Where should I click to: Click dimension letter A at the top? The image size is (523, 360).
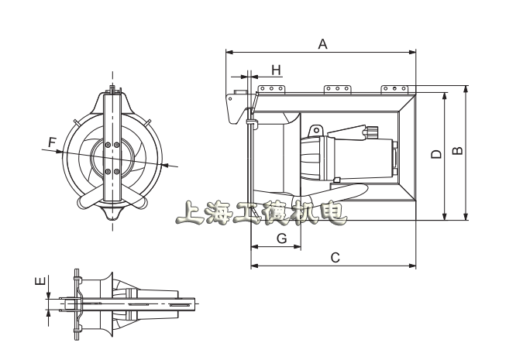coord(322,44)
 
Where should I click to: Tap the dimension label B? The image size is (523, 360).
coord(458,150)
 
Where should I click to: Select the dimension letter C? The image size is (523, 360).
coord(335,258)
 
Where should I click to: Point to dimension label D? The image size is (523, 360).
coord(436,154)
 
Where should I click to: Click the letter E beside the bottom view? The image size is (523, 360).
coord(40,281)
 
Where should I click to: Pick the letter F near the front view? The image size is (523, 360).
coord(52,142)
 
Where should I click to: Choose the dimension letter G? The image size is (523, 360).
coord(282,238)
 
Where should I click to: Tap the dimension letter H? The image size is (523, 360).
coord(276,70)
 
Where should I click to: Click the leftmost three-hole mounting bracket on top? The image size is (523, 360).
coord(271,89)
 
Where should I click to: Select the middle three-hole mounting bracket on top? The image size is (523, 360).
coord(337,89)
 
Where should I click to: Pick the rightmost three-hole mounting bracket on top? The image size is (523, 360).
coord(394,89)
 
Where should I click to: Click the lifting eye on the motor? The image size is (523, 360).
coord(316,130)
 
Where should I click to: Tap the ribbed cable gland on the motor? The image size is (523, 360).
coord(372,132)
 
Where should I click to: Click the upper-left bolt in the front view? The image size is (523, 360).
coord(108,145)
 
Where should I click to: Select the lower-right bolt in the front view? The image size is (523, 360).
coord(116,172)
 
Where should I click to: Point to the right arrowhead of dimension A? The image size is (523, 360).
coord(413,52)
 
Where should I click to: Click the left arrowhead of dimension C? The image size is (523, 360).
coord(254,266)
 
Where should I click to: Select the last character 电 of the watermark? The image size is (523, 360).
coord(332,213)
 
